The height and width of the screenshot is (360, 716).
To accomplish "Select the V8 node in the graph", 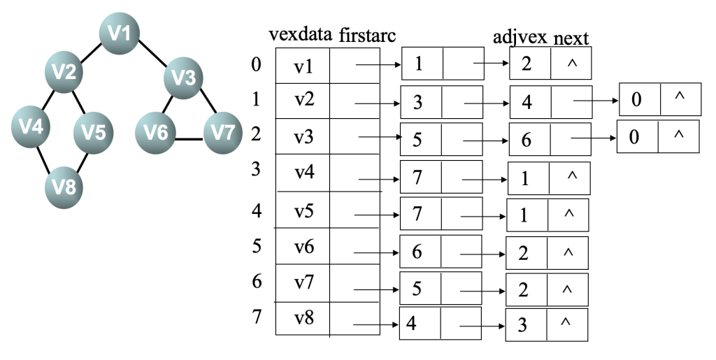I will click(64, 186).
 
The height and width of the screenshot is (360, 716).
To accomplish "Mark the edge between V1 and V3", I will click(154, 55).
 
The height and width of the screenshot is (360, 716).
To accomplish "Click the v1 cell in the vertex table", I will click(303, 66).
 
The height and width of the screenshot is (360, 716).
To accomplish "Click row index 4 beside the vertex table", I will click(257, 210).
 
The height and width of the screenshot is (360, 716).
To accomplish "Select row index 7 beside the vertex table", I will click(257, 315).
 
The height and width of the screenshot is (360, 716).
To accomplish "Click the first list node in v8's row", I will click(440, 324).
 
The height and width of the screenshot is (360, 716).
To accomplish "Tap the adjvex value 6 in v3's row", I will click(526, 140).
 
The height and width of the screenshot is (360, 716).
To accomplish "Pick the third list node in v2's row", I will click(659, 101).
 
